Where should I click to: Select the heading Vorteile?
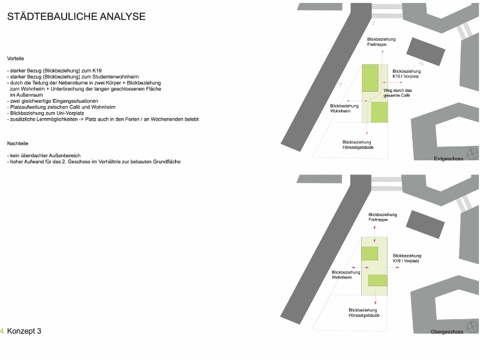click(x=16, y=59)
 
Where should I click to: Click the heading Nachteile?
click(x=17, y=144)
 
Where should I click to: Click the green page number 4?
click(x=2, y=331)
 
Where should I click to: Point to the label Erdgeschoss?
click(x=448, y=160)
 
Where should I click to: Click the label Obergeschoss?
click(x=447, y=332)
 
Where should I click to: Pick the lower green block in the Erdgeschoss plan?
click(x=379, y=112)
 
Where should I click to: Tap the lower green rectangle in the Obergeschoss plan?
click(x=378, y=280)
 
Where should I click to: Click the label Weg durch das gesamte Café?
click(x=398, y=94)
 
